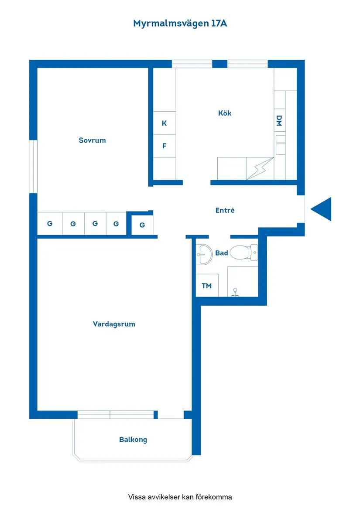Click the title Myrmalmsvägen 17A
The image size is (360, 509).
(180, 24)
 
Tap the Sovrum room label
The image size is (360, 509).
(92, 140)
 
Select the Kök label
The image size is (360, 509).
(225, 113)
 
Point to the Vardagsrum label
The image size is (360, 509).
(114, 324)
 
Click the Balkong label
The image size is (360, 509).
(133, 440)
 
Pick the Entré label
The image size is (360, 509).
(225, 210)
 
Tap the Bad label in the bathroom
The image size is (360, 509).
(222, 253)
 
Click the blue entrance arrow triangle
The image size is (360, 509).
(322, 209)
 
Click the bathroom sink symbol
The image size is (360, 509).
(204, 253)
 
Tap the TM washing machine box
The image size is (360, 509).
(207, 286)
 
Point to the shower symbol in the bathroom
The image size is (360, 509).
(236, 291)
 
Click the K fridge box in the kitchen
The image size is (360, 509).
(165, 123)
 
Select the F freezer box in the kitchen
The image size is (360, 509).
(165, 146)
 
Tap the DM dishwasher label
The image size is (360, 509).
(279, 121)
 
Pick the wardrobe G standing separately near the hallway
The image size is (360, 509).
(142, 225)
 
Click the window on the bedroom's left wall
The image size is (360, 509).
(33, 166)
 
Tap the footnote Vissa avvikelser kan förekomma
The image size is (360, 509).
(180, 497)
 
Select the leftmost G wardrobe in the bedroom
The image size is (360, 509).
(50, 224)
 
